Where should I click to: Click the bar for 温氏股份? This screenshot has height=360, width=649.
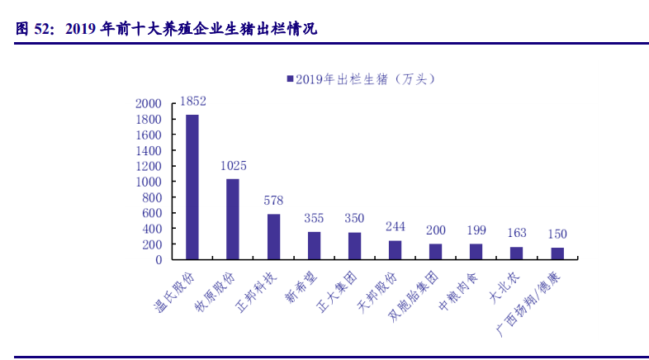[192, 187]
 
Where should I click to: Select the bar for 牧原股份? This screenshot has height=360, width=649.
[233, 219]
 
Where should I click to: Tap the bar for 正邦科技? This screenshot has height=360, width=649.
[273, 236]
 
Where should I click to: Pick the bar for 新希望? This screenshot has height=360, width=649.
[314, 245]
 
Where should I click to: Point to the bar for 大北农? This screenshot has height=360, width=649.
[516, 253]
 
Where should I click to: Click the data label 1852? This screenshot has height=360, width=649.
[192, 102]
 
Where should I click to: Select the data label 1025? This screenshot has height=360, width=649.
[233, 166]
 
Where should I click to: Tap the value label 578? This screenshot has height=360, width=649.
[273, 201]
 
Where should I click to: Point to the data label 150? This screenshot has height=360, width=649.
[557, 234]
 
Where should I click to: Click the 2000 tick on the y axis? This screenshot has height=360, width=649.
[149, 104]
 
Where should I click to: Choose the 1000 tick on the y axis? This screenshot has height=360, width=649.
[149, 182]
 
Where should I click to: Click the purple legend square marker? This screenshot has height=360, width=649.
[290, 79]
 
